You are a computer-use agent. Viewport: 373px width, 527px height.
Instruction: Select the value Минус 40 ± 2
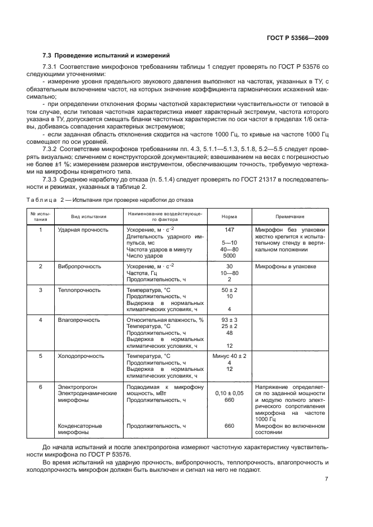229,356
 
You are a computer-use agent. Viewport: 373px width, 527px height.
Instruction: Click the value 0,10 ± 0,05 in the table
229,393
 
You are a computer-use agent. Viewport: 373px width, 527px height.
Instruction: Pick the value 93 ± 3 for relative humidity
229,320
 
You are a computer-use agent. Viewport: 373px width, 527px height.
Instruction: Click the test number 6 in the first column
40,387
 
